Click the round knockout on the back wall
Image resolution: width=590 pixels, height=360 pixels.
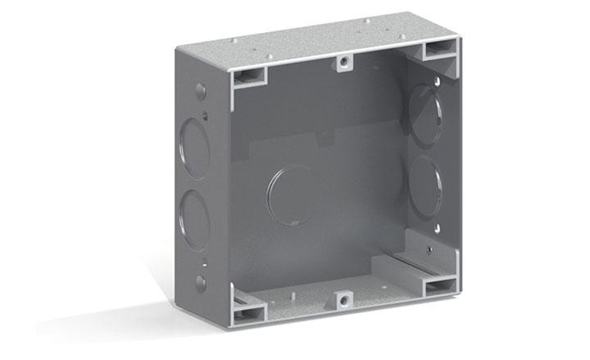click(x=293, y=195)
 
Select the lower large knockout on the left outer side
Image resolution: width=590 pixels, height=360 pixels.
click(x=194, y=219)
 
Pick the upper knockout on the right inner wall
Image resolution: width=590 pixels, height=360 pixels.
click(x=424, y=114)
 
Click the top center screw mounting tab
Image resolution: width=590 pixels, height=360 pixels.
click(x=343, y=63)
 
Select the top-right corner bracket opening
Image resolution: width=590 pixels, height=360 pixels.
click(x=438, y=52)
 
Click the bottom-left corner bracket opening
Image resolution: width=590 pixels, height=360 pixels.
click(x=248, y=310)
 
